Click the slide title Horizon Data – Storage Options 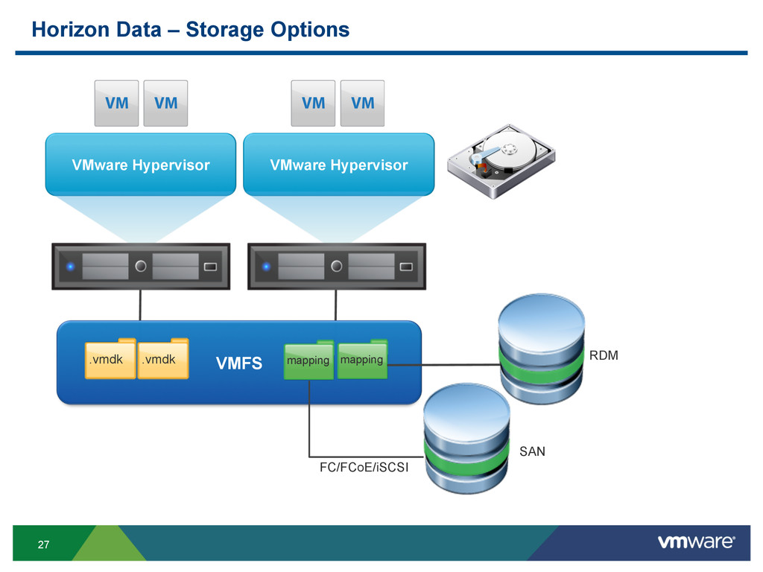tap(190, 30)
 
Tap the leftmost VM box tap(116, 103)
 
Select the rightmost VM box tap(363, 103)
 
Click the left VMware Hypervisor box tap(141, 165)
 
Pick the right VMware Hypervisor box tap(339, 165)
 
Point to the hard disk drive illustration tap(501, 161)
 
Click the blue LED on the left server tap(71, 267)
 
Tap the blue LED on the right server tap(266, 267)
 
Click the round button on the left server tap(141, 266)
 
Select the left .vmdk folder tap(110, 358)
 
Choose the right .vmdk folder tap(163, 358)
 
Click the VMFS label tap(239, 363)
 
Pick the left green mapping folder tap(308, 360)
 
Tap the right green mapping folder tap(362, 360)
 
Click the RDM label tap(604, 355)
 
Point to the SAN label tap(532, 451)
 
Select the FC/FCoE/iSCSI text tap(364, 467)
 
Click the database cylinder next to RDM tap(541, 349)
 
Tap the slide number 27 tap(43, 544)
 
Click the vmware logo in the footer tap(697, 542)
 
